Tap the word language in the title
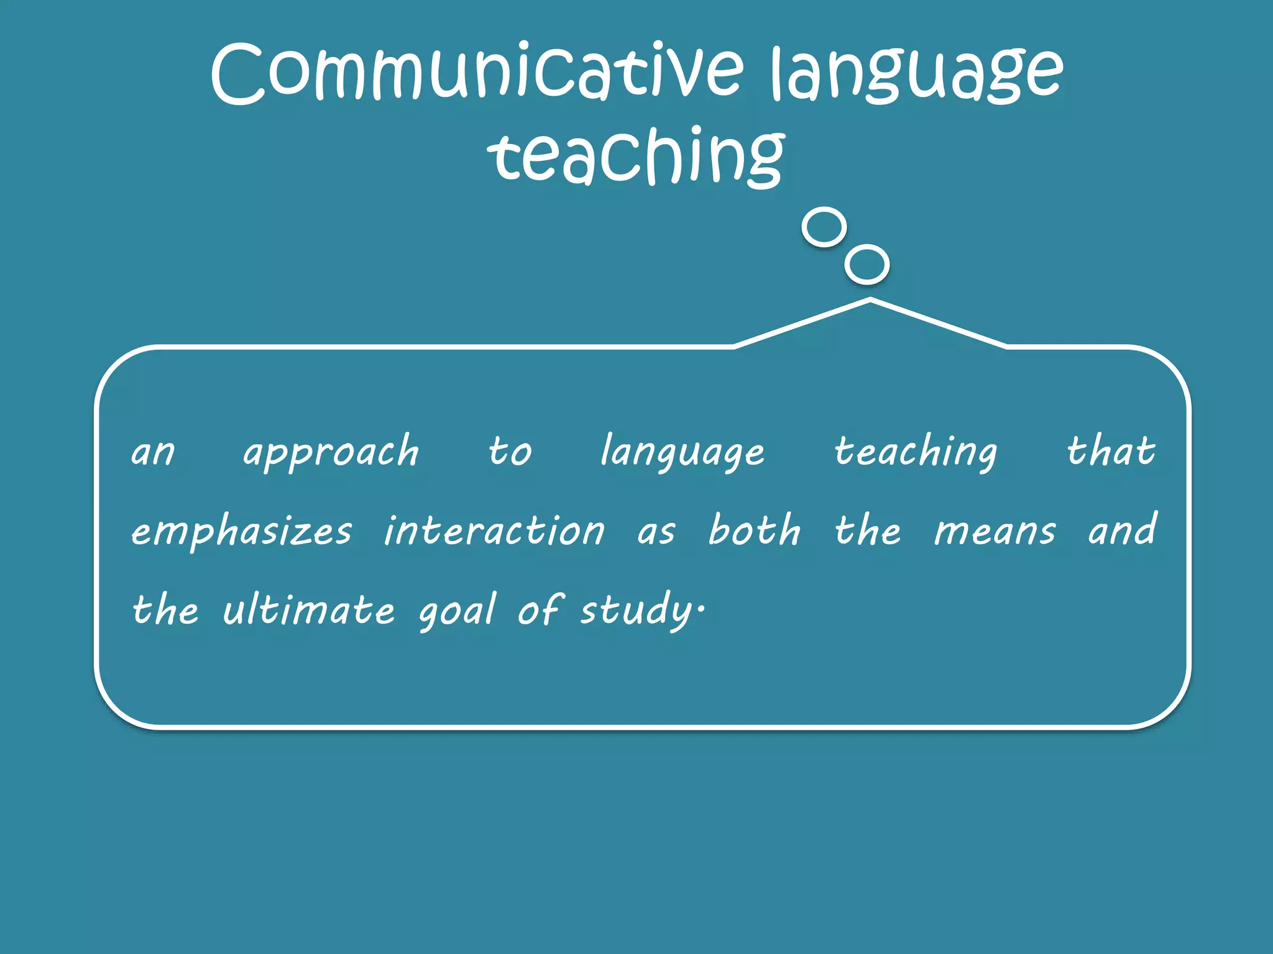916,75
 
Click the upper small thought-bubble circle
824,227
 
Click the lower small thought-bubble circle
866,265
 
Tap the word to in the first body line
510,452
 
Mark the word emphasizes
241,532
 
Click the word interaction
494,531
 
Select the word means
995,532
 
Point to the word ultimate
308,610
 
